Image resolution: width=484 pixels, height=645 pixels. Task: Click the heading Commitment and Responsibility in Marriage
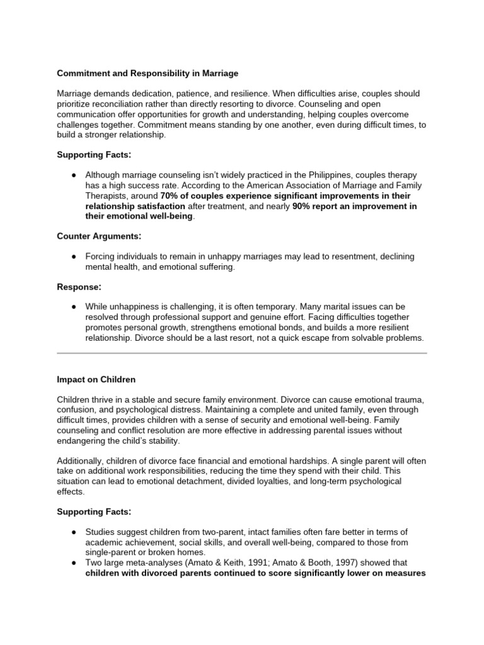pyautogui.click(x=147, y=73)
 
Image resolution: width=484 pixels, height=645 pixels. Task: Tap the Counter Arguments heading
pyautogui.click(x=99, y=236)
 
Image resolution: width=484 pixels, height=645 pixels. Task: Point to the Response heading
pyautogui.click(x=79, y=287)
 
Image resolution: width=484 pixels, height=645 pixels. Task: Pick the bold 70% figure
pyautogui.click(x=170, y=196)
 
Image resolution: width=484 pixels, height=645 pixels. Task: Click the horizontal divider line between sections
pyautogui.click(x=242, y=353)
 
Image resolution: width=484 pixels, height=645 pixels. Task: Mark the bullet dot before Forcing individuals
pyautogui.click(x=74, y=256)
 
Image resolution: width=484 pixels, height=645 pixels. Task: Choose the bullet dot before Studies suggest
pyautogui.click(x=74, y=532)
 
